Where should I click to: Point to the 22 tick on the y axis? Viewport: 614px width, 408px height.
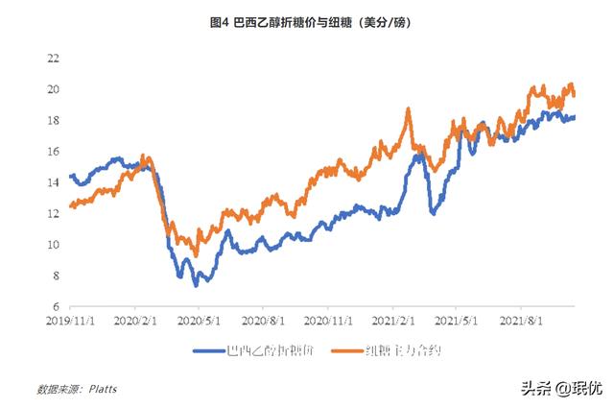pyautogui.click(x=54, y=59)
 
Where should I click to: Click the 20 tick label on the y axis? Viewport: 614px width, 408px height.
pyautogui.click(x=54, y=89)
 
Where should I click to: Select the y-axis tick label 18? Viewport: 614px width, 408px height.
pyautogui.click(x=54, y=120)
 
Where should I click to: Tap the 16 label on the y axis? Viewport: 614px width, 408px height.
pyautogui.click(x=54, y=152)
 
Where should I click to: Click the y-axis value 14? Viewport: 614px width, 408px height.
pyautogui.click(x=54, y=182)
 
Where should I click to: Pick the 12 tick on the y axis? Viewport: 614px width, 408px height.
pyautogui.click(x=54, y=213)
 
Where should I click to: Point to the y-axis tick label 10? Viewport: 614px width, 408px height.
pyautogui.click(x=54, y=245)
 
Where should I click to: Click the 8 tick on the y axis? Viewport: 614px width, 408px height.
pyautogui.click(x=57, y=276)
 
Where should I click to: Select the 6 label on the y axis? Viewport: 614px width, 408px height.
pyautogui.click(x=57, y=306)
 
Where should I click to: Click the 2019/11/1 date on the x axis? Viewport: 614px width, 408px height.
pyautogui.click(x=71, y=321)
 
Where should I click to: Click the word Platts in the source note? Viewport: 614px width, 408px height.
pyautogui.click(x=108, y=390)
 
